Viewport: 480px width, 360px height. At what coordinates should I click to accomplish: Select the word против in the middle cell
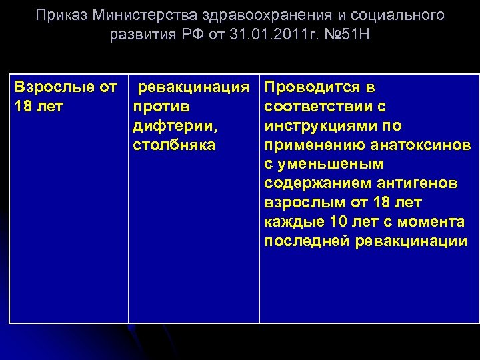(x=162, y=107)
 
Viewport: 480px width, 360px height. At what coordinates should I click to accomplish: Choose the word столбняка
(x=174, y=145)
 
